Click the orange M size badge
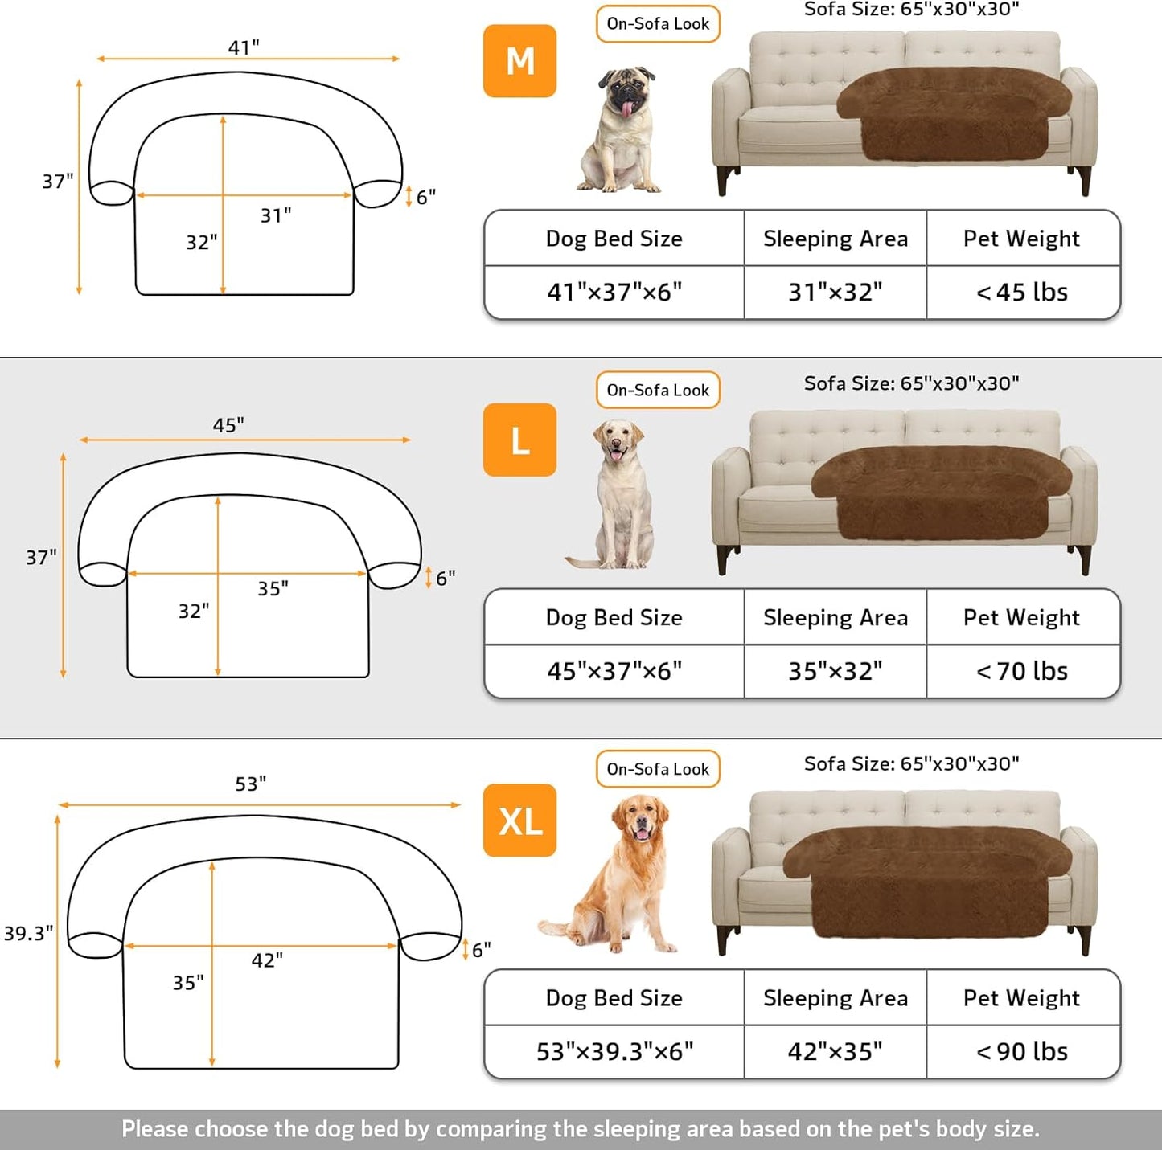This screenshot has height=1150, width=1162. (519, 61)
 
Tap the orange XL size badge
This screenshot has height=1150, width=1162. (519, 821)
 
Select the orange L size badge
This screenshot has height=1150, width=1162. (519, 440)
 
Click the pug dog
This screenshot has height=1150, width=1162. (621, 131)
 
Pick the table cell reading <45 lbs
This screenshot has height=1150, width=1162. (1022, 293)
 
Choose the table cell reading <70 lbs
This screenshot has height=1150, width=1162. (1022, 671)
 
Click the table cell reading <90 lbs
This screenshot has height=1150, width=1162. (1022, 1051)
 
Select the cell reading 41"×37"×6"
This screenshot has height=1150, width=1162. (614, 293)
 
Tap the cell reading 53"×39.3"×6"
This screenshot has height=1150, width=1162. (614, 1051)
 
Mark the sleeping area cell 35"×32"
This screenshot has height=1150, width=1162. (835, 671)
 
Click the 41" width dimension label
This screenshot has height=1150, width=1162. (244, 47)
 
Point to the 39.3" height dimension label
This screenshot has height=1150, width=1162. (28, 933)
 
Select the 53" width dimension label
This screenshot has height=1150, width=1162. (251, 784)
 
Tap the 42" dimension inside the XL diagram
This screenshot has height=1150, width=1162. (267, 960)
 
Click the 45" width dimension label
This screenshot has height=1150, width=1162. (228, 425)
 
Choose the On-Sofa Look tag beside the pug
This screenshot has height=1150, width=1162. (658, 24)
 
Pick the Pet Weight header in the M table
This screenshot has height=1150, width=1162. (1021, 239)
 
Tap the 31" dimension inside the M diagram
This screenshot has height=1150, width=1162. (276, 215)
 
